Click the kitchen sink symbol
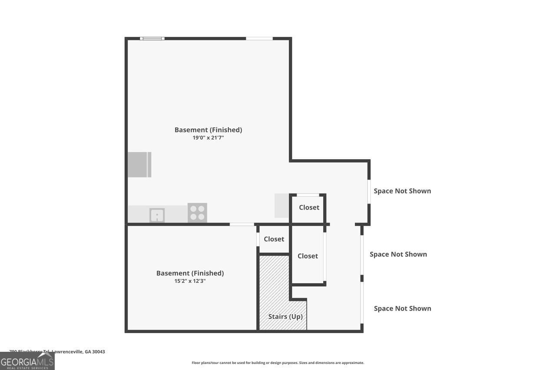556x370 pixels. coord(157,215)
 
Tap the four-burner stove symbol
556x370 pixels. coord(197,213)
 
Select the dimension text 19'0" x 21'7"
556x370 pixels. coord(208,138)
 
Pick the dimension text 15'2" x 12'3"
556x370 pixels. coord(190,281)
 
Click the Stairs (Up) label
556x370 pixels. coord(285,317)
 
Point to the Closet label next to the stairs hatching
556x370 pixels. coord(274,239)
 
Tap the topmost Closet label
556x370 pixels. coord(309,207)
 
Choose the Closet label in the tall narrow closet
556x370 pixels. coord(308,256)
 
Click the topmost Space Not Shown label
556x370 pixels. coord(402,191)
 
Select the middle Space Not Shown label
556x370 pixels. coord(398,254)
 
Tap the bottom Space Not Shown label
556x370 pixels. coord(402,308)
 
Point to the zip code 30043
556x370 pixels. coord(99,352)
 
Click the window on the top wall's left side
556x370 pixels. coord(152,39)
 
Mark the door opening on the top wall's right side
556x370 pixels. coord(259,39)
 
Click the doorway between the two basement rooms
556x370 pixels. coord(242,224)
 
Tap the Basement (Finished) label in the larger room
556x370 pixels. coord(208,130)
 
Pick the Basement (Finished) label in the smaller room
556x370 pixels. coord(190,273)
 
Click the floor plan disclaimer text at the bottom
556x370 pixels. coord(278,363)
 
